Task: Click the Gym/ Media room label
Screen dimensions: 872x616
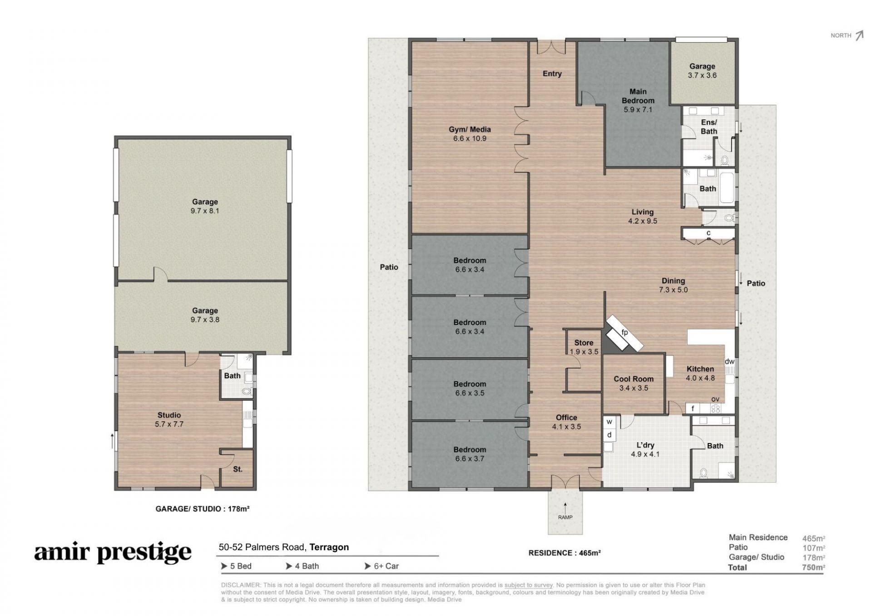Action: pyautogui.click(x=470, y=129)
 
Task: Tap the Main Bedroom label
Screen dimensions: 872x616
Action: pyautogui.click(x=638, y=96)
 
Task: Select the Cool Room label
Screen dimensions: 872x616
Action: pyautogui.click(x=634, y=379)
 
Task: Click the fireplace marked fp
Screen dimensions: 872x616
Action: pyautogui.click(x=624, y=334)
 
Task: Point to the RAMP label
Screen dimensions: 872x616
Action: pyautogui.click(x=565, y=517)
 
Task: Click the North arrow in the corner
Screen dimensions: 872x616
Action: pyautogui.click(x=859, y=35)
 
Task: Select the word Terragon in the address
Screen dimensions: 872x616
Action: pyautogui.click(x=329, y=547)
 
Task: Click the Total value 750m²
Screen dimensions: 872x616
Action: pyautogui.click(x=813, y=567)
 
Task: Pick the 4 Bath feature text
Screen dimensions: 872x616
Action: pyautogui.click(x=302, y=566)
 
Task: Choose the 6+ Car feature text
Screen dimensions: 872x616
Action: pyautogui.click(x=382, y=566)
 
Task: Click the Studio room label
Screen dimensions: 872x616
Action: pyautogui.click(x=169, y=415)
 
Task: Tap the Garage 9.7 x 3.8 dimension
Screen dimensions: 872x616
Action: pyautogui.click(x=205, y=320)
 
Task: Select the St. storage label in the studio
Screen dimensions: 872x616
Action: pyautogui.click(x=238, y=469)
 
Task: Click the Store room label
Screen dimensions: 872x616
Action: pyautogui.click(x=584, y=343)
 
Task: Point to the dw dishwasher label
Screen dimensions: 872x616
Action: pyautogui.click(x=729, y=361)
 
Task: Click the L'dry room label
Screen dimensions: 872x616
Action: pyautogui.click(x=645, y=445)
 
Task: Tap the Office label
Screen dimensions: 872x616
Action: pyautogui.click(x=566, y=418)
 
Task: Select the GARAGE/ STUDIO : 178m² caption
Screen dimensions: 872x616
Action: pyautogui.click(x=203, y=509)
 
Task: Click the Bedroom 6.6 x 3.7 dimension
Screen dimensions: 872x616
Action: pyautogui.click(x=470, y=458)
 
